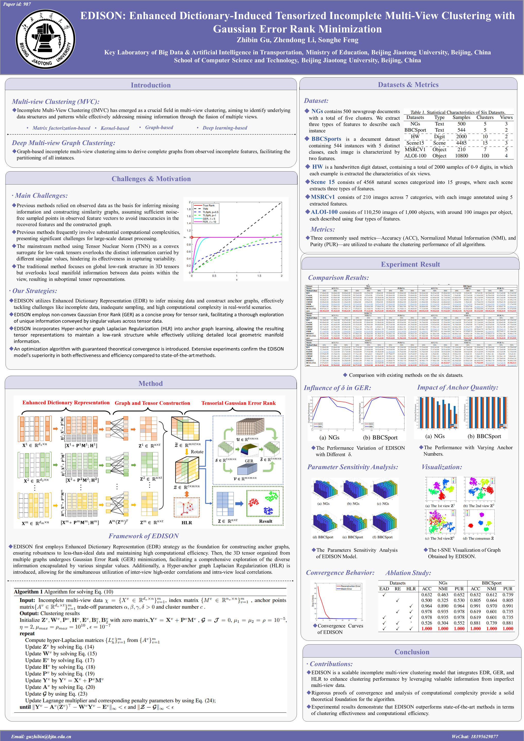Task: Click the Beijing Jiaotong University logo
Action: tap(46, 39)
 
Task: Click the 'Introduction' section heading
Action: tap(150, 85)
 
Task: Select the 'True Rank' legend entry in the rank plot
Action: tap(208, 205)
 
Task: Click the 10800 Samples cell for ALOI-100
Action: tap(461, 156)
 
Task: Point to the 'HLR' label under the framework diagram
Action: tap(186, 523)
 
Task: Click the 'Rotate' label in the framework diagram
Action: tap(197, 452)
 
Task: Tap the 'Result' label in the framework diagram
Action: tap(265, 521)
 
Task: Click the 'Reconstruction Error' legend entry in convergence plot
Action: tap(350, 586)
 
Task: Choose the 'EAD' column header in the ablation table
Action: tap(384, 589)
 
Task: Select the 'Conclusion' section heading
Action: tap(412, 652)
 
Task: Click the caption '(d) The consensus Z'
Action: tap(478, 538)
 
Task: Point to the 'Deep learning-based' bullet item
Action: tap(225, 128)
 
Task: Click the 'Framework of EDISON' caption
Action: tap(144, 536)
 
